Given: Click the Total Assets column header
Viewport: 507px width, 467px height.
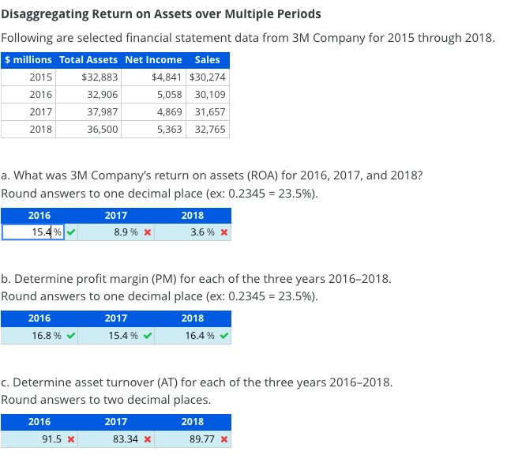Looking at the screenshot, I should (x=88, y=60).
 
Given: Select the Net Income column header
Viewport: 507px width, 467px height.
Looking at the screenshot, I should (x=153, y=60).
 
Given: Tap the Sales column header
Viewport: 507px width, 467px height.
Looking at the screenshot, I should (x=207, y=60).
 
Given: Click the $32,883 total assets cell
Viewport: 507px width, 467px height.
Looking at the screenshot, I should (x=100, y=77).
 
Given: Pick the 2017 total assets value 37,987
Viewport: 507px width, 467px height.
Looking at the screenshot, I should (x=103, y=111).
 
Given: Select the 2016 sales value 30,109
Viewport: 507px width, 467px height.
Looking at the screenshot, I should (x=210, y=95).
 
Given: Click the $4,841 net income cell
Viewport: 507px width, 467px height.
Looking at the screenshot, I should (x=167, y=77).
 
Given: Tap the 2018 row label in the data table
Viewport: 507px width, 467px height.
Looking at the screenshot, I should (x=40, y=129).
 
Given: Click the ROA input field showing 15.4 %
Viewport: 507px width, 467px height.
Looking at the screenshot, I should (x=33, y=232).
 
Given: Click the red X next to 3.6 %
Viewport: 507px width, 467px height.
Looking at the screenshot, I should (x=224, y=233).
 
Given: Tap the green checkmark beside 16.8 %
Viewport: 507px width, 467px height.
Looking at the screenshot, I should (x=72, y=336).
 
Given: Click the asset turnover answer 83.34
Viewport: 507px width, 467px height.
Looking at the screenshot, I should (x=124, y=439).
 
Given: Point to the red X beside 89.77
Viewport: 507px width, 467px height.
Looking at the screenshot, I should (x=224, y=439).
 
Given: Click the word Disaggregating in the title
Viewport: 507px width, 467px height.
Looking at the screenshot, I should (x=44, y=14).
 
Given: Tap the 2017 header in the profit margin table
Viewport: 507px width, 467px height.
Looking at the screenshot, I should (x=115, y=318).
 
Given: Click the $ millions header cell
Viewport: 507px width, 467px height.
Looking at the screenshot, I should (x=28, y=60).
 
